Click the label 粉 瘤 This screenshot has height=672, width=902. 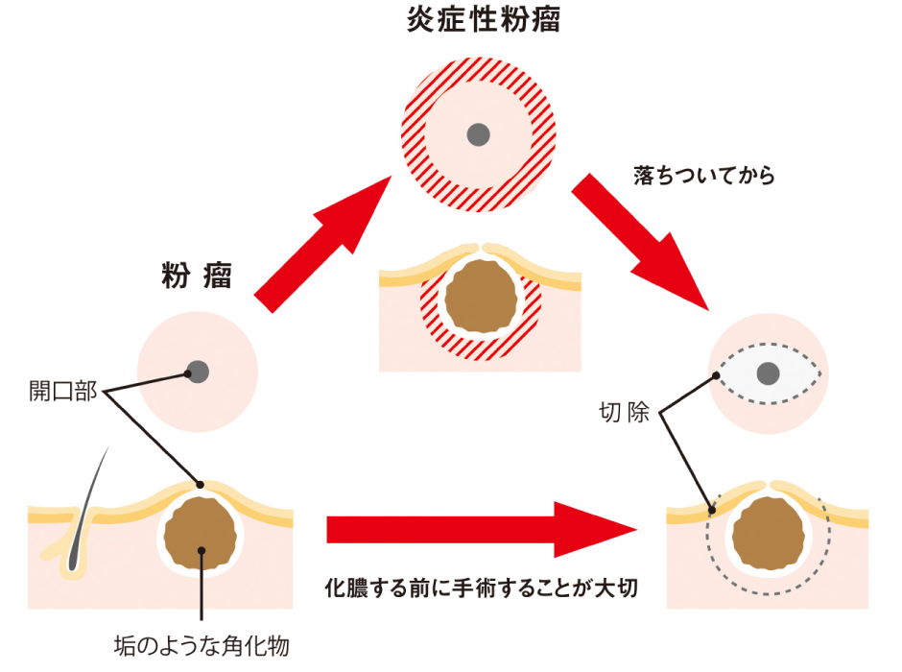[x=197, y=276]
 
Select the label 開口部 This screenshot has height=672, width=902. [x=62, y=393]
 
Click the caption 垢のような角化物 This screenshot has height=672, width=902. [x=202, y=646]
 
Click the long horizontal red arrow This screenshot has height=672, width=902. [x=480, y=529]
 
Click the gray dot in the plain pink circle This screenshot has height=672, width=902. [x=198, y=371]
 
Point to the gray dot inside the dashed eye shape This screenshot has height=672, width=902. [x=768, y=372]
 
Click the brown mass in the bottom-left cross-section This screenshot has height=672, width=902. [x=201, y=535]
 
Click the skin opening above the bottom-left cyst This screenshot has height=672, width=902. [x=201, y=484]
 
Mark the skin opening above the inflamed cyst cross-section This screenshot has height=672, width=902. [x=481, y=246]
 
